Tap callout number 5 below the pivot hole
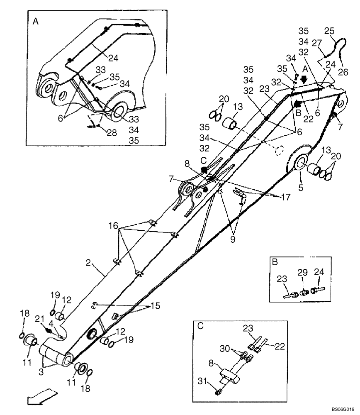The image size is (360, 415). coord(301,188)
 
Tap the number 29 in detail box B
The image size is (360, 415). coord(303,272)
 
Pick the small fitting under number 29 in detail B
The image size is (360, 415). coord(304,291)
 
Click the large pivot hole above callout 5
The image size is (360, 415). coord(300,163)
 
